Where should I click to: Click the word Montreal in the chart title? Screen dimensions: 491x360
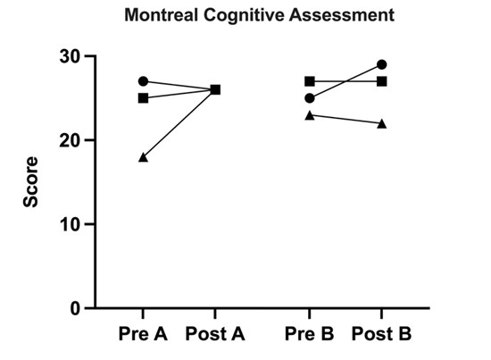(x=161, y=14)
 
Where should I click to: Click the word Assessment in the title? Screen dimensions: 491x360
(x=342, y=14)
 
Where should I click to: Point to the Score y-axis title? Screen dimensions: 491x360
(x=30, y=182)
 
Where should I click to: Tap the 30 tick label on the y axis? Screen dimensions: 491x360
(x=70, y=57)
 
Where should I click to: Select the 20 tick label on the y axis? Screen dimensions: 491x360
(x=70, y=141)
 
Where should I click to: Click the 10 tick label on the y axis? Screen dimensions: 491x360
(x=71, y=225)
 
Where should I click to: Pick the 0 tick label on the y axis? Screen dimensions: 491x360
(x=76, y=308)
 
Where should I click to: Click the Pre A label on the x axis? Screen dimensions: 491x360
(x=143, y=334)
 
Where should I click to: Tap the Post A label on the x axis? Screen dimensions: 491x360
(x=215, y=334)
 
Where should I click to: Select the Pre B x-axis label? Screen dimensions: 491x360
(x=310, y=334)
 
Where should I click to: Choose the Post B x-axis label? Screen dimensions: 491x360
(x=381, y=334)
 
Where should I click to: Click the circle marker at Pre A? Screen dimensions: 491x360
(x=143, y=81)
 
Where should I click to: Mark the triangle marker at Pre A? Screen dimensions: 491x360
(x=143, y=157)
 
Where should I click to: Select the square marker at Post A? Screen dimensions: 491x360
(x=215, y=90)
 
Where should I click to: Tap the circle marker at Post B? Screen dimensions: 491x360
(x=382, y=65)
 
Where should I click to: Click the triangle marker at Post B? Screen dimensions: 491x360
(x=382, y=124)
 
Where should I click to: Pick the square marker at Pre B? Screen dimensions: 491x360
(x=310, y=81)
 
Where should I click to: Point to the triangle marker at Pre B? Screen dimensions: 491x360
(x=310, y=115)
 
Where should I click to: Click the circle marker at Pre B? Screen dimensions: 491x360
(x=310, y=98)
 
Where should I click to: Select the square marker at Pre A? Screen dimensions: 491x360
(x=143, y=98)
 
